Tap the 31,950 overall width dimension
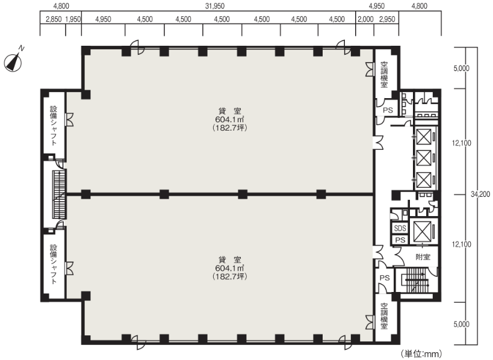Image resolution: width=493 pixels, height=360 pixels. point(215,6)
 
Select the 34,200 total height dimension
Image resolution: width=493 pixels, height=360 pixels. point(480,194)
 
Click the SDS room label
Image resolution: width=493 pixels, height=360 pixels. point(400,228)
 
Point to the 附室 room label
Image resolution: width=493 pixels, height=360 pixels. point(423,257)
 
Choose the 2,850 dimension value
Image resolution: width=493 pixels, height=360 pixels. point(54,19)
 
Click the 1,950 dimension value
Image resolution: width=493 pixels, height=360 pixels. point(73,19)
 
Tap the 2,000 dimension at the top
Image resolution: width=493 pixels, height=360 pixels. point(365,19)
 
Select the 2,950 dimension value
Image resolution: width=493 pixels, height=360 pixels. point(387,19)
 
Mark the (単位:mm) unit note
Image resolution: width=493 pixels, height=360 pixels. point(421,354)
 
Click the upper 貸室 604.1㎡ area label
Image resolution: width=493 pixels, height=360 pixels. point(230,119)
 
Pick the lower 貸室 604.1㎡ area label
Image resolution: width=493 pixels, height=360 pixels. point(230,268)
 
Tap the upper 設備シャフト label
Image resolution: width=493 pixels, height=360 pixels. point(54,126)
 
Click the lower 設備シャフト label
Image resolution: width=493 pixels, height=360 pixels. point(54,264)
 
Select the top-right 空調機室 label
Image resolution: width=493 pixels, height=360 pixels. point(384,75)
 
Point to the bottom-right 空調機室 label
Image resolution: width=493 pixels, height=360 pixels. point(384,316)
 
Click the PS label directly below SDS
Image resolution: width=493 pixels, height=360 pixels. point(400,240)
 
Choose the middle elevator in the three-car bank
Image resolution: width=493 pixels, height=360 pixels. point(424,158)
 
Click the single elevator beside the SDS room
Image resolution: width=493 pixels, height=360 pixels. point(422,231)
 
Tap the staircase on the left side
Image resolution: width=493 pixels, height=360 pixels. point(60,194)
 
